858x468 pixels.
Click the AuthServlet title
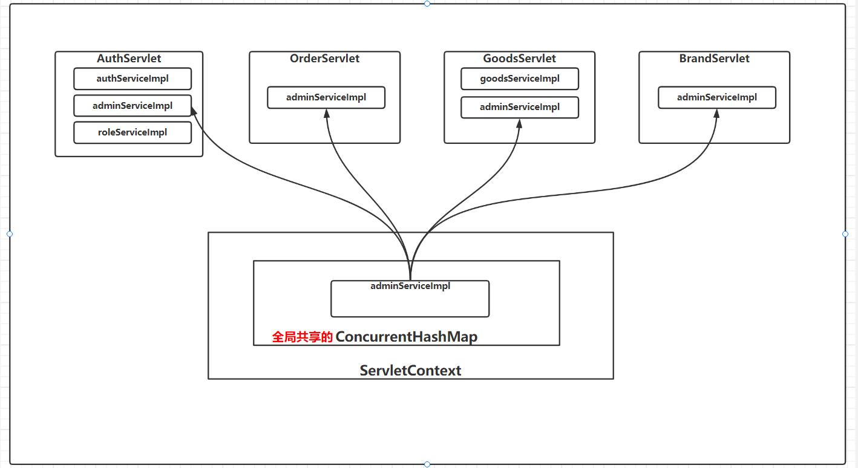[x=129, y=58]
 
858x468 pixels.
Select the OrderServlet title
[x=324, y=58]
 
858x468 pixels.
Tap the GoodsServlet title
[x=519, y=58]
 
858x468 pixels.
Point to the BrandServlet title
[x=714, y=58]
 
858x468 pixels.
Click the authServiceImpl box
[x=133, y=79]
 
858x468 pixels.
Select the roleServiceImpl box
[x=133, y=132]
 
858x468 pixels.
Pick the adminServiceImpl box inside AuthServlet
[x=133, y=106]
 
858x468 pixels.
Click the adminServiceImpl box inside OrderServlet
[x=326, y=97]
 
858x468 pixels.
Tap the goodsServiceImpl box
[x=520, y=79]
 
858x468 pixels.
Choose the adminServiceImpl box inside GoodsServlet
[x=520, y=107]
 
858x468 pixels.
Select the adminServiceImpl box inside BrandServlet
[x=717, y=97]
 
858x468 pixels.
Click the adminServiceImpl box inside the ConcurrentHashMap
[x=410, y=299]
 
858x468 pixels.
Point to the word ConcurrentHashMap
[x=407, y=337]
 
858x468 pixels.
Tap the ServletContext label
[x=410, y=371]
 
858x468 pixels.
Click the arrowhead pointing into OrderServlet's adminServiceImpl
[x=327, y=113]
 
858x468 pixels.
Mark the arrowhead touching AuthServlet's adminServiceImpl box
[x=194, y=111]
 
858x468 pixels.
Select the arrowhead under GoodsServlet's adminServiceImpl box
[x=519, y=123]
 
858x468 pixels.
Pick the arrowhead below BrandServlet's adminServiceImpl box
[x=716, y=113]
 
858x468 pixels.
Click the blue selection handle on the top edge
[x=427, y=4]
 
